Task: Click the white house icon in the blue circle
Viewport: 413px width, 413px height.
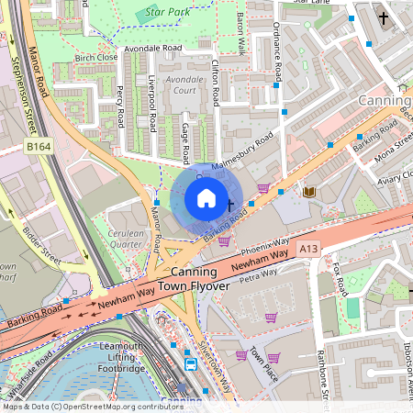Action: [206, 198]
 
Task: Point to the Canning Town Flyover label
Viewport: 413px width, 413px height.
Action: [195, 280]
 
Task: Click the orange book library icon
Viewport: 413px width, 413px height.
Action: [308, 191]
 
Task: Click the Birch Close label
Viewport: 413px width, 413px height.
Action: [96, 57]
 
